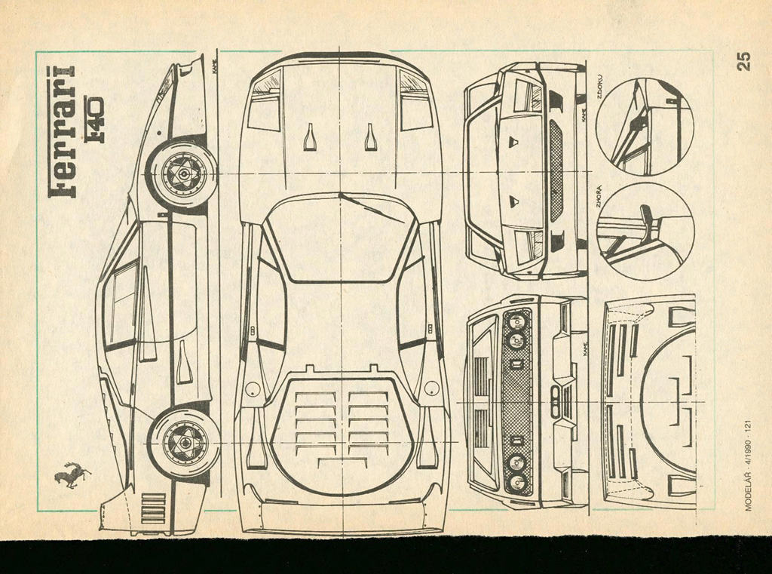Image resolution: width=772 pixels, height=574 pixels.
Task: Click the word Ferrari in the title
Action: click(x=62, y=131)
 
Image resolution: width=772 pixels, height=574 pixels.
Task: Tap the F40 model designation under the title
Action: click(x=93, y=119)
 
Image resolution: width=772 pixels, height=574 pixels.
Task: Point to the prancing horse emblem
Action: click(x=72, y=475)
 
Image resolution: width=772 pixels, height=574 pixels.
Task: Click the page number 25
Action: click(x=743, y=60)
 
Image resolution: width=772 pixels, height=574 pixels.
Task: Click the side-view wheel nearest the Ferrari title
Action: click(x=182, y=173)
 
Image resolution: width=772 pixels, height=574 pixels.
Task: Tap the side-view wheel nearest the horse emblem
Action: click(x=184, y=443)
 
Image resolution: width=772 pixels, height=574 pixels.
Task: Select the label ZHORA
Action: click(x=599, y=196)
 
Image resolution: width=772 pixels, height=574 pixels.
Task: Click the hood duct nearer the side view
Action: click(x=310, y=137)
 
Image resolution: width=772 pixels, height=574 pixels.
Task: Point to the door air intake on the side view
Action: click(x=183, y=362)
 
